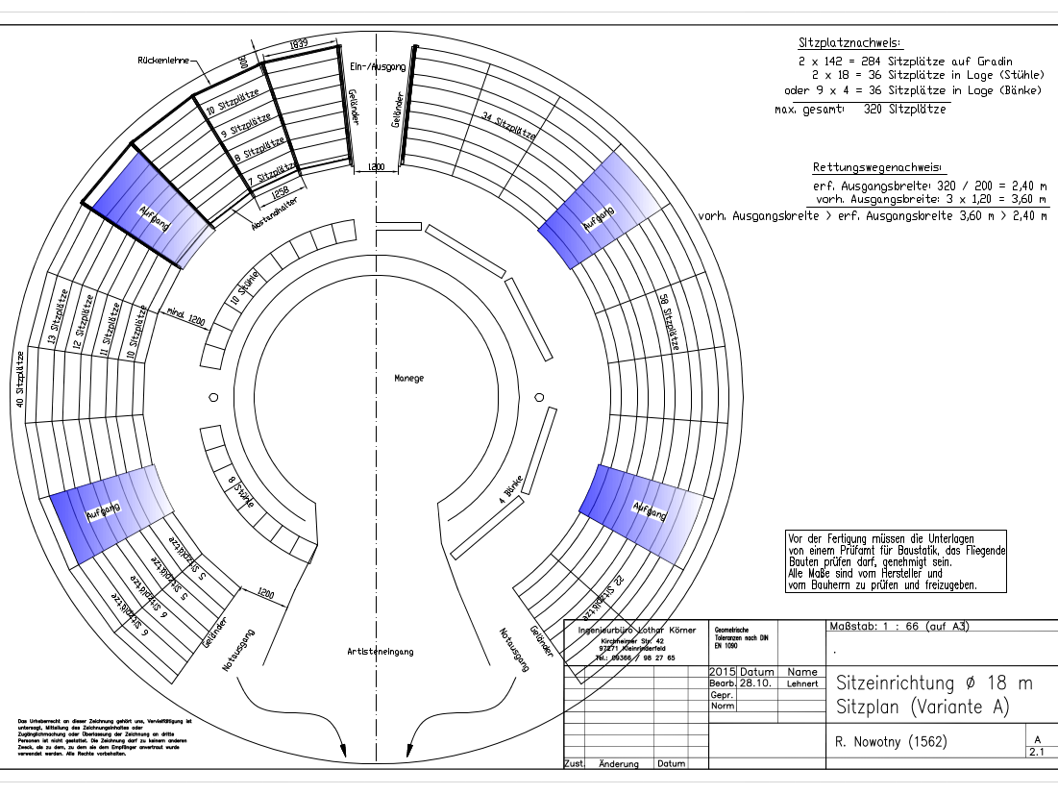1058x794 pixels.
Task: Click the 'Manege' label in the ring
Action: tap(408, 378)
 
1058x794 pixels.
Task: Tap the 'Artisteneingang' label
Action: tap(380, 651)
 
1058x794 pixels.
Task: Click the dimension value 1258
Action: tap(280, 191)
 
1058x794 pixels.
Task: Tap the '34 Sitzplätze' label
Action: tap(507, 126)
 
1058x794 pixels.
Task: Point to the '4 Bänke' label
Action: tap(512, 490)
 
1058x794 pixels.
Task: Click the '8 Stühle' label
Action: tap(229, 498)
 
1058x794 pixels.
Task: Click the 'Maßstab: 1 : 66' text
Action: tap(895, 627)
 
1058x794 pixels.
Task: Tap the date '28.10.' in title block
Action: tap(754, 683)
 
